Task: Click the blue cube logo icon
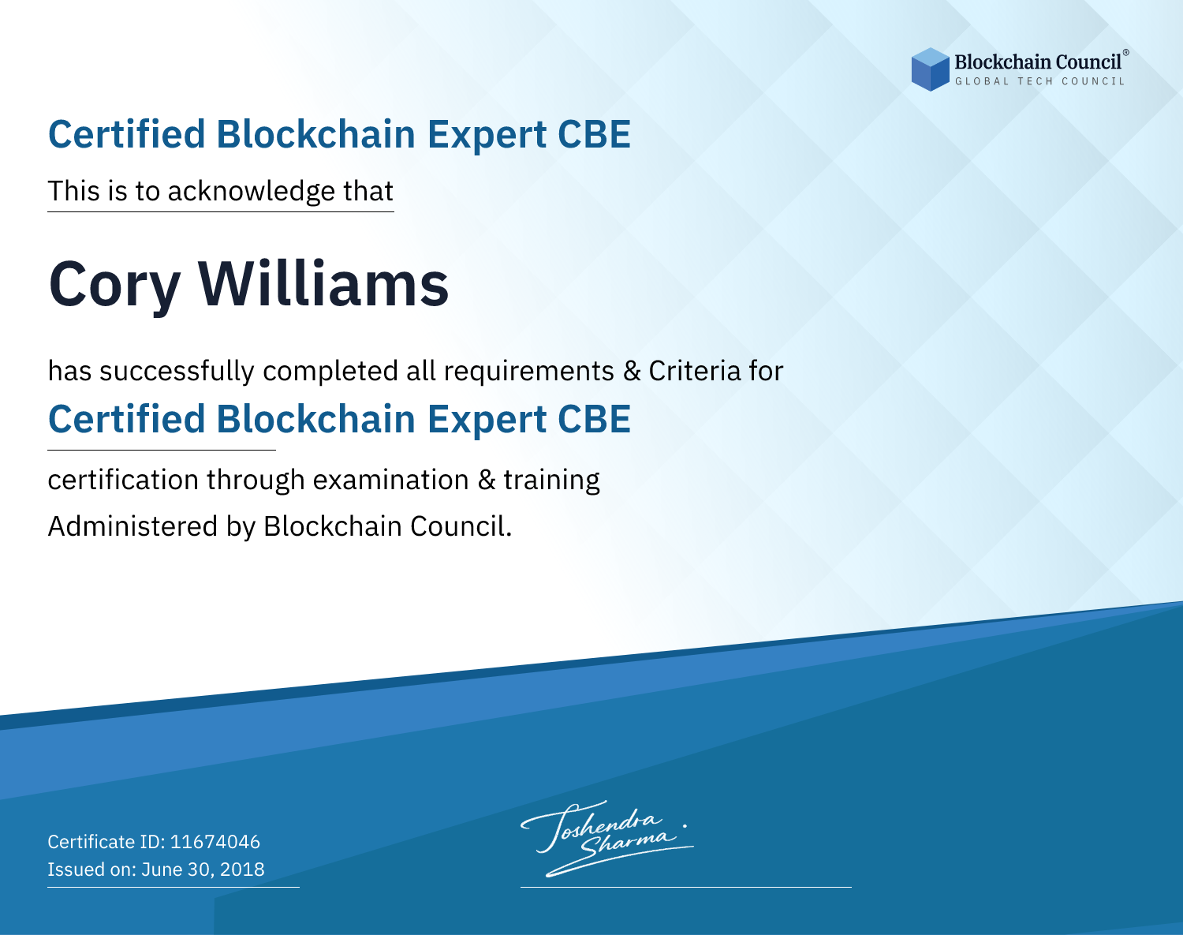(x=930, y=69)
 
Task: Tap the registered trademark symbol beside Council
(x=1125, y=53)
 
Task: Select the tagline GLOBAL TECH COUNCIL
(x=1039, y=81)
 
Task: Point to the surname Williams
(x=323, y=283)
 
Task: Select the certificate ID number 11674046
(x=215, y=841)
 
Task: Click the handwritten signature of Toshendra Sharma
(x=606, y=838)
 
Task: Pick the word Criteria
(x=694, y=371)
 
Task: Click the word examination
(x=391, y=480)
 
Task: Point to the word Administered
(x=133, y=526)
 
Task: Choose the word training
(x=551, y=481)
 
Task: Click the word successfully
(x=177, y=372)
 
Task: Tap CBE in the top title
(x=594, y=134)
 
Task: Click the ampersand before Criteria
(x=632, y=372)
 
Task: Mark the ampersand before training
(x=487, y=481)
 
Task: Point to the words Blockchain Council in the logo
(x=1038, y=62)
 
